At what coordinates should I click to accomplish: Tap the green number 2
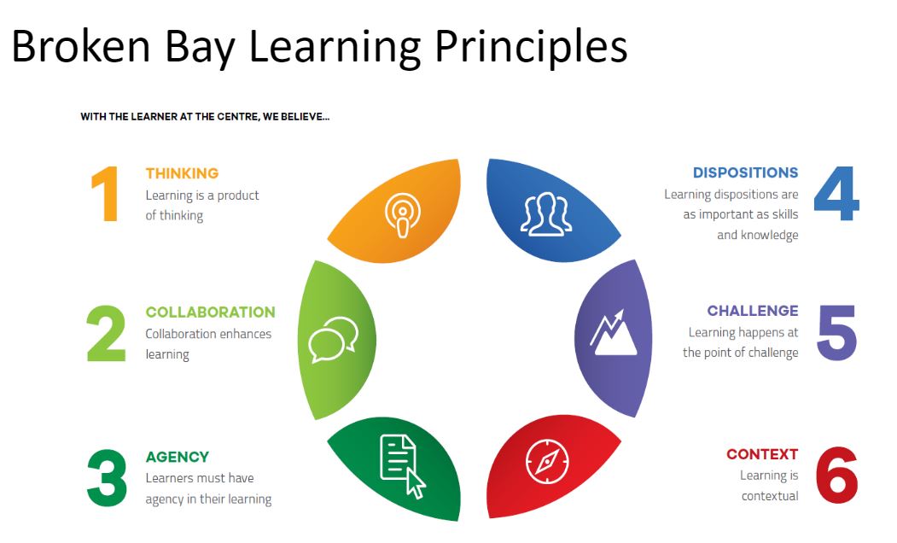click(106, 333)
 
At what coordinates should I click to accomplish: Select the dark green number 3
click(107, 478)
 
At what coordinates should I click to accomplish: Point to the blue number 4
click(836, 194)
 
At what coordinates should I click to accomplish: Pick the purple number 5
click(837, 332)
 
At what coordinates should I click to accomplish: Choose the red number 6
click(836, 476)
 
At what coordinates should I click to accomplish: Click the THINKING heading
click(182, 173)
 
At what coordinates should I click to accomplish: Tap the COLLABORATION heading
click(211, 312)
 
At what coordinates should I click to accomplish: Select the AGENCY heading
click(178, 457)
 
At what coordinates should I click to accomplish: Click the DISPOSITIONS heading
click(745, 172)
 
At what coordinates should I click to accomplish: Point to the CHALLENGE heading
click(753, 311)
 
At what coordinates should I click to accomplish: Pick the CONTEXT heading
click(762, 454)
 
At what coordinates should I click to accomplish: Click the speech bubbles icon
click(334, 340)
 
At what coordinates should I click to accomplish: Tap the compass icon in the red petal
click(547, 461)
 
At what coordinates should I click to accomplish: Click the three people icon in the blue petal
click(545, 214)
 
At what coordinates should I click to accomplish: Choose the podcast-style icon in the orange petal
click(403, 215)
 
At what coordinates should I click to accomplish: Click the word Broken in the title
click(81, 46)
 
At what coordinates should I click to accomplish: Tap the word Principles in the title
click(531, 48)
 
